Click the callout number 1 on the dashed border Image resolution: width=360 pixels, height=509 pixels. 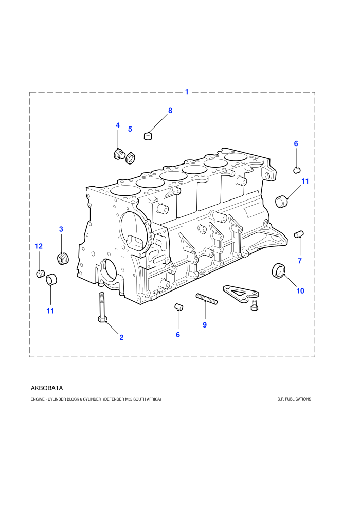(187, 92)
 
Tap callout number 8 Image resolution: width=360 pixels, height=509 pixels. (170, 111)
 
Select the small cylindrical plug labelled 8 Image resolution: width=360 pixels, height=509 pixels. (148, 135)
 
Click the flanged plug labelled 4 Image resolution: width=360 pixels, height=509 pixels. (119, 154)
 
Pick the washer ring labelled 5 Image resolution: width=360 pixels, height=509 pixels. (131, 157)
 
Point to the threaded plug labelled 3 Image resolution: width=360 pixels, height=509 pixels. (63, 259)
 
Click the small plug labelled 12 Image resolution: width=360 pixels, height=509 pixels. (41, 274)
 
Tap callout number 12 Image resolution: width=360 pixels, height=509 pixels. (38, 246)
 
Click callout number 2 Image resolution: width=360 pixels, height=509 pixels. (121, 337)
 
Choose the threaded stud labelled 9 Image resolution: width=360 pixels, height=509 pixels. (206, 299)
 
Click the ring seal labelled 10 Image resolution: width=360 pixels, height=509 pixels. (279, 271)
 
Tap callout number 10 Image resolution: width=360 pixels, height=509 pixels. (300, 291)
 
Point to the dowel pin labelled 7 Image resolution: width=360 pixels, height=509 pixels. (299, 234)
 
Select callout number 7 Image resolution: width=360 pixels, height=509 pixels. (300, 261)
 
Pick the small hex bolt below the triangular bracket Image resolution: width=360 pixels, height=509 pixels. (255, 305)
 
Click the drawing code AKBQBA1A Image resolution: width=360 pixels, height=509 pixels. (47, 388)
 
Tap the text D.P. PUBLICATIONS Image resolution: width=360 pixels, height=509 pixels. (294, 399)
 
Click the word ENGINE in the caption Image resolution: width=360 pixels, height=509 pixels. (38, 399)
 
